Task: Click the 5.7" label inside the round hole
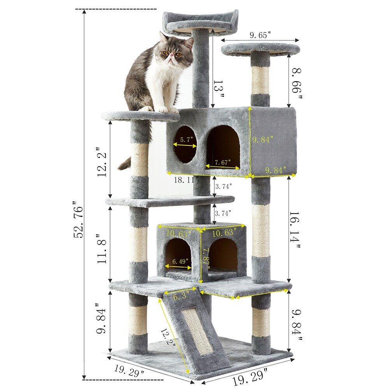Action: click(x=184, y=139)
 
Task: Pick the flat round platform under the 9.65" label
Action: click(x=261, y=49)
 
